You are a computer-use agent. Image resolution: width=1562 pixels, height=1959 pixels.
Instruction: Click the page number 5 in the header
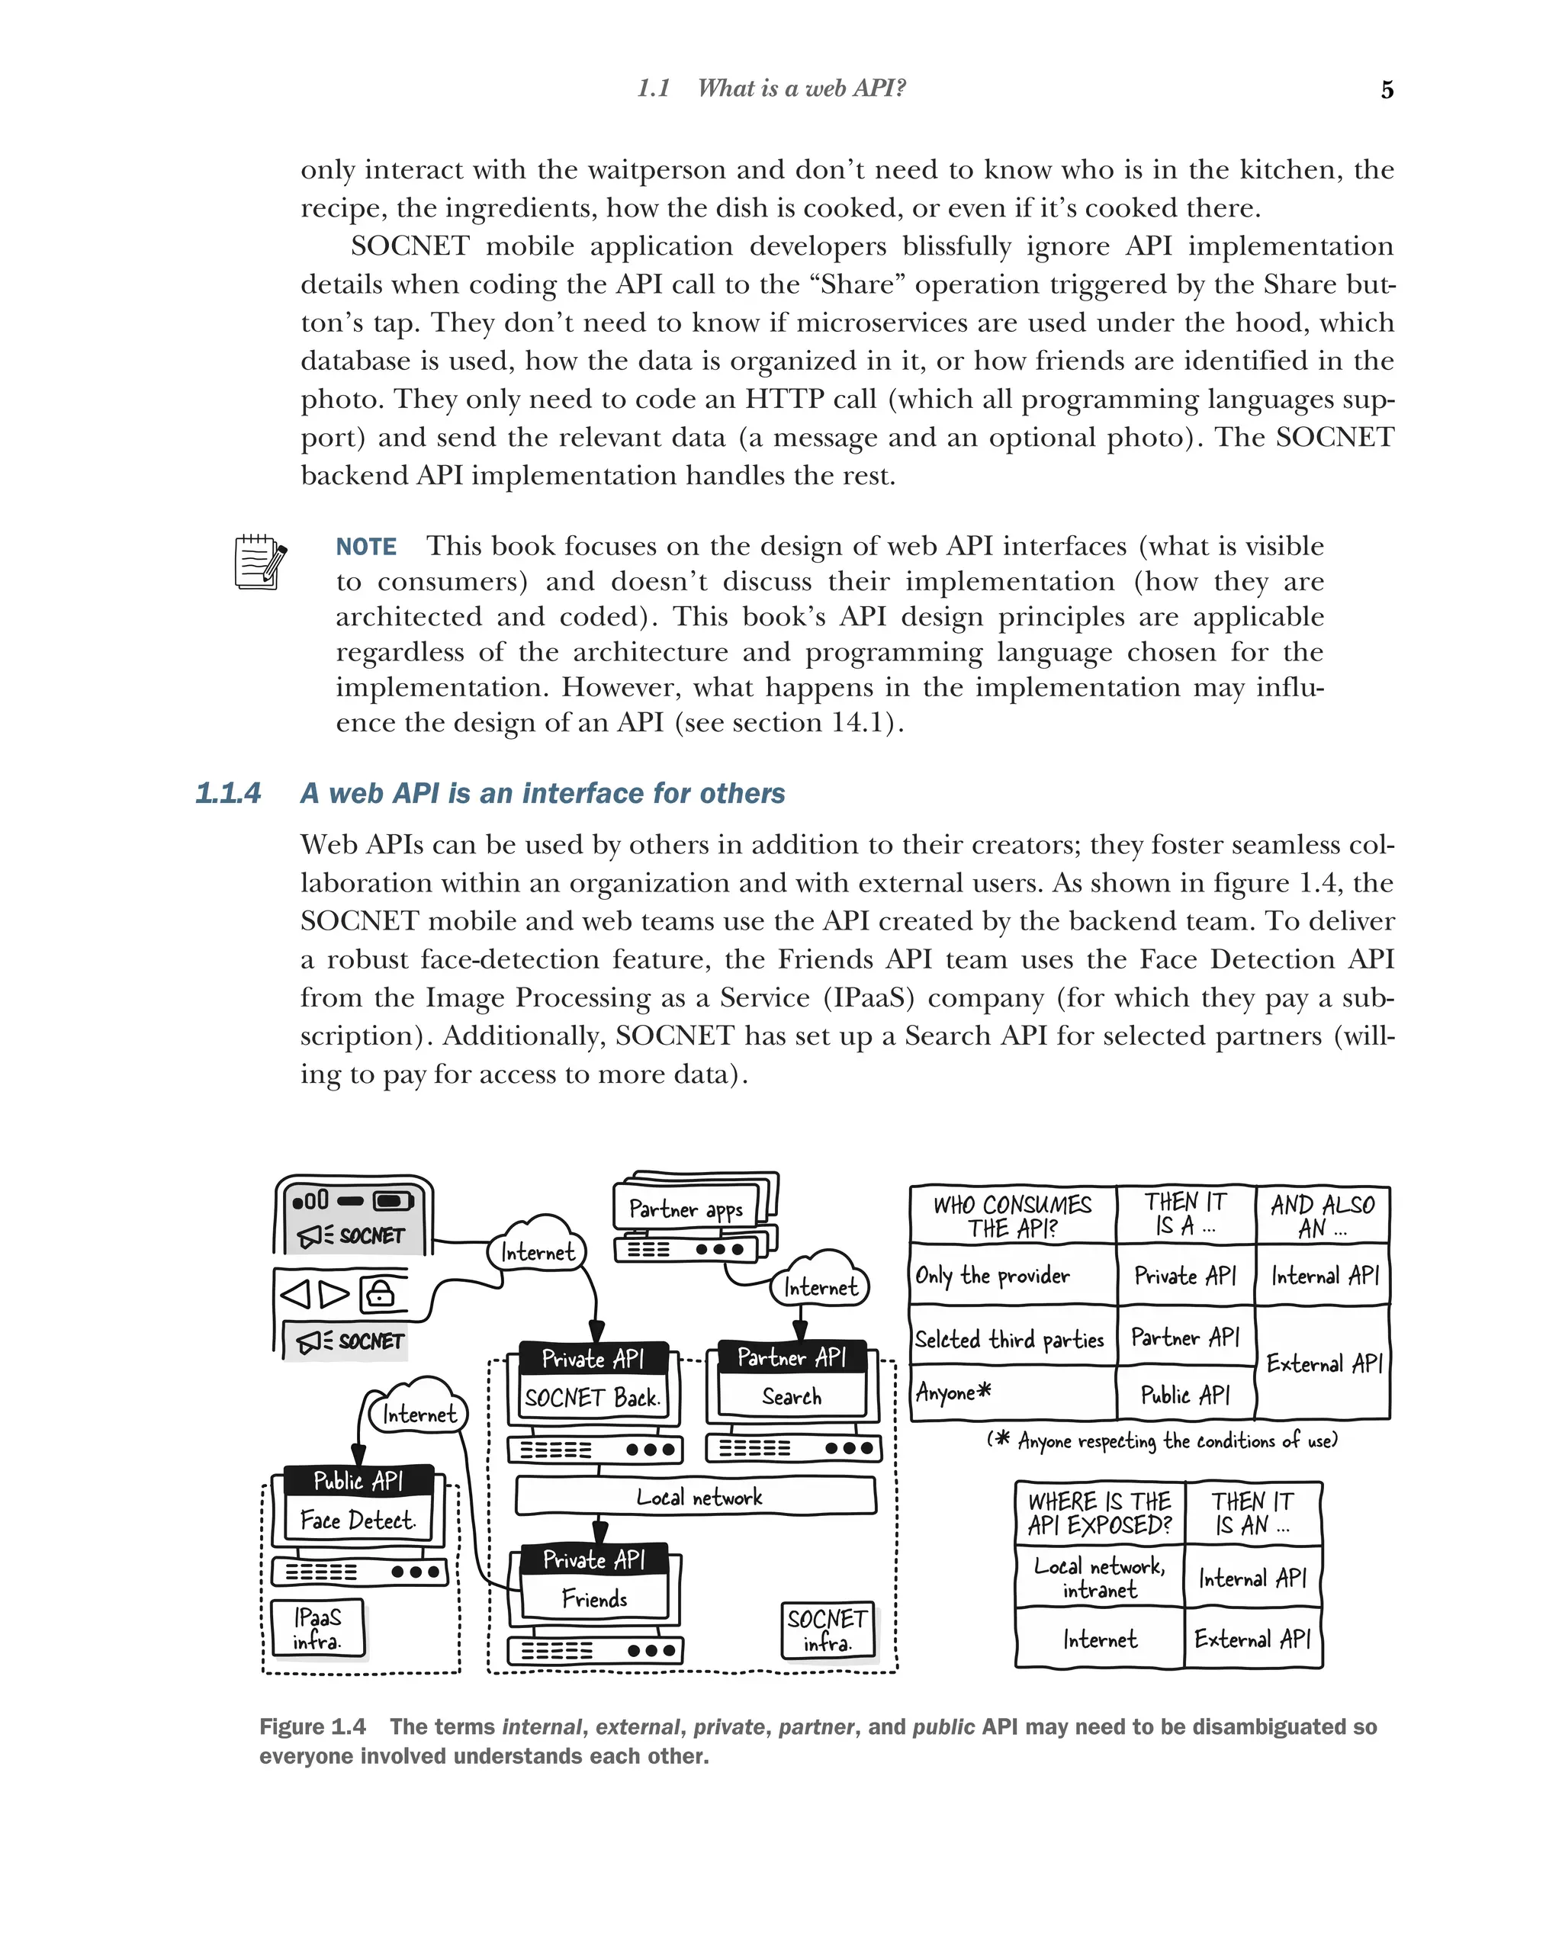pos(1386,90)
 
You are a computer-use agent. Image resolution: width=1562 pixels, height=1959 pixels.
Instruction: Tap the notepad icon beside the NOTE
pos(260,561)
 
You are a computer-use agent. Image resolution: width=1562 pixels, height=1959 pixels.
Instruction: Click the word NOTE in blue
pos(365,546)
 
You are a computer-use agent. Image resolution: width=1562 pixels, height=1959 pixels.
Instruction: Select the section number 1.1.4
pos(228,793)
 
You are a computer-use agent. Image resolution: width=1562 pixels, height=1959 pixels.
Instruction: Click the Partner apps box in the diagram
pos(686,1209)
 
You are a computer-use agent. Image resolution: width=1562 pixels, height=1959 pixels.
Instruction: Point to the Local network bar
pos(696,1496)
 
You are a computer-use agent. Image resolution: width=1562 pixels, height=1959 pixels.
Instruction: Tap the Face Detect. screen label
pos(357,1520)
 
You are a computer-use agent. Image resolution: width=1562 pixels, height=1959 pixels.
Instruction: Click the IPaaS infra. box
pos(317,1628)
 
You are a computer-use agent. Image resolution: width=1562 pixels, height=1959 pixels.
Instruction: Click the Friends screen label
pos(594,1598)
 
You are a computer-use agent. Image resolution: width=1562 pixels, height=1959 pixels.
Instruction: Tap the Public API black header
pos(358,1480)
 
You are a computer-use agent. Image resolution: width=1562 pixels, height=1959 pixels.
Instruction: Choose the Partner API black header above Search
pos(791,1357)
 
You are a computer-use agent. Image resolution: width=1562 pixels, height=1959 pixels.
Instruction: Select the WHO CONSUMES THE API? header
pos(1012,1216)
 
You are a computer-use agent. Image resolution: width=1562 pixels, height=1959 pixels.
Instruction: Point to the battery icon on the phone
pos(393,1201)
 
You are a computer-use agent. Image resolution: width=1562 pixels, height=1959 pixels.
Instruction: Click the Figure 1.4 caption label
pos(312,1726)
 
